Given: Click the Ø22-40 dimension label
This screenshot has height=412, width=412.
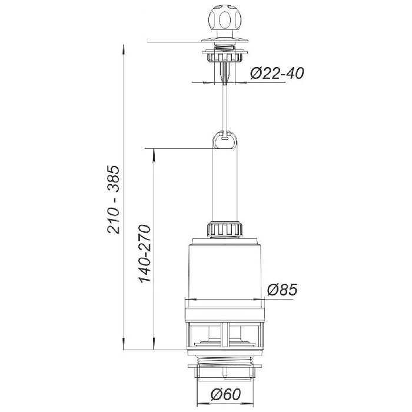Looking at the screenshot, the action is tap(277, 73).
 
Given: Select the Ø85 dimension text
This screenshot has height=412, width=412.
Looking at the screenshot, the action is tap(282, 290).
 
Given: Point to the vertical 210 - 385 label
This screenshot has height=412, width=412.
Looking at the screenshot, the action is tap(114, 200).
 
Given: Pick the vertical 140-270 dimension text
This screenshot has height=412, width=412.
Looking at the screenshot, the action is tap(145, 254).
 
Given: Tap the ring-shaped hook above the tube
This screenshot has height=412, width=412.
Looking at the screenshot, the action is tap(225, 139).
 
